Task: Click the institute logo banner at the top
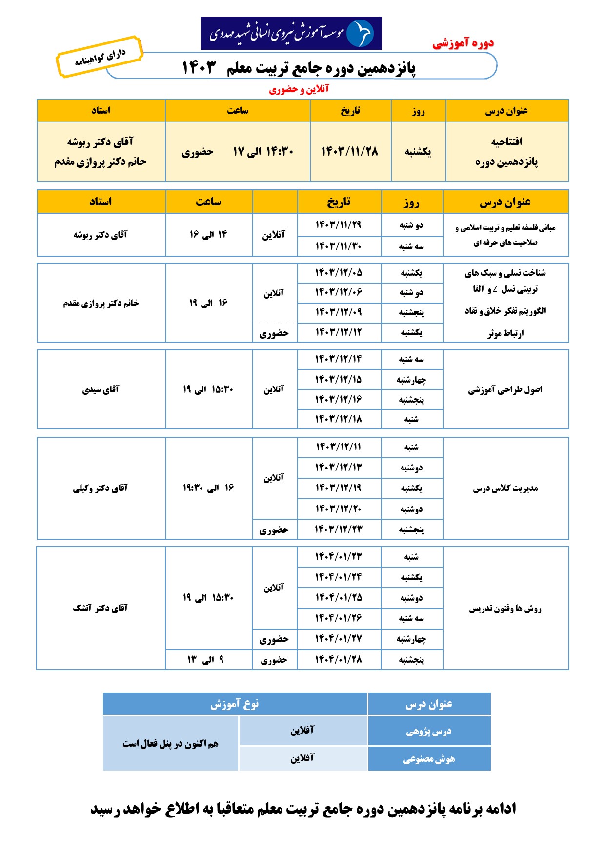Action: point(291,33)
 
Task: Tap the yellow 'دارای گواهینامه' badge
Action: point(100,57)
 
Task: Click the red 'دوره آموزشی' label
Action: point(463,43)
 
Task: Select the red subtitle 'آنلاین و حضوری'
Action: point(299,89)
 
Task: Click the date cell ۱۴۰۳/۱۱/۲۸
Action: point(349,152)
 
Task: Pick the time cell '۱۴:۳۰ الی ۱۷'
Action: point(263,152)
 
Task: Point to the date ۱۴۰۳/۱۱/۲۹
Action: point(339,224)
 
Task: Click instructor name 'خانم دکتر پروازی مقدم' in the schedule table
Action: point(101,303)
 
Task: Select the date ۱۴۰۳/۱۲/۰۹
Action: point(339,312)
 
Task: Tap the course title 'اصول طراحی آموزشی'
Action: point(505,389)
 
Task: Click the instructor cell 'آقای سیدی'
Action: point(101,389)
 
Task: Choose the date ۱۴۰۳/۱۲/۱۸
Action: point(339,419)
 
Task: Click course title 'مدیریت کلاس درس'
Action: point(505,488)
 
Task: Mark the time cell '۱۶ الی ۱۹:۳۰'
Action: point(208,488)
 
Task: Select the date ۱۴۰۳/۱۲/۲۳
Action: point(339,529)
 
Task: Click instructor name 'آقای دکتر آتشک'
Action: point(101,608)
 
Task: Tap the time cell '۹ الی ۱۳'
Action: point(206,660)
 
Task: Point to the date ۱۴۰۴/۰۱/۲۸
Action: point(339,660)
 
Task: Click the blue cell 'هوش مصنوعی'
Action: point(429,759)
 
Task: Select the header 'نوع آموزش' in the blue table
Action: point(235,704)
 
